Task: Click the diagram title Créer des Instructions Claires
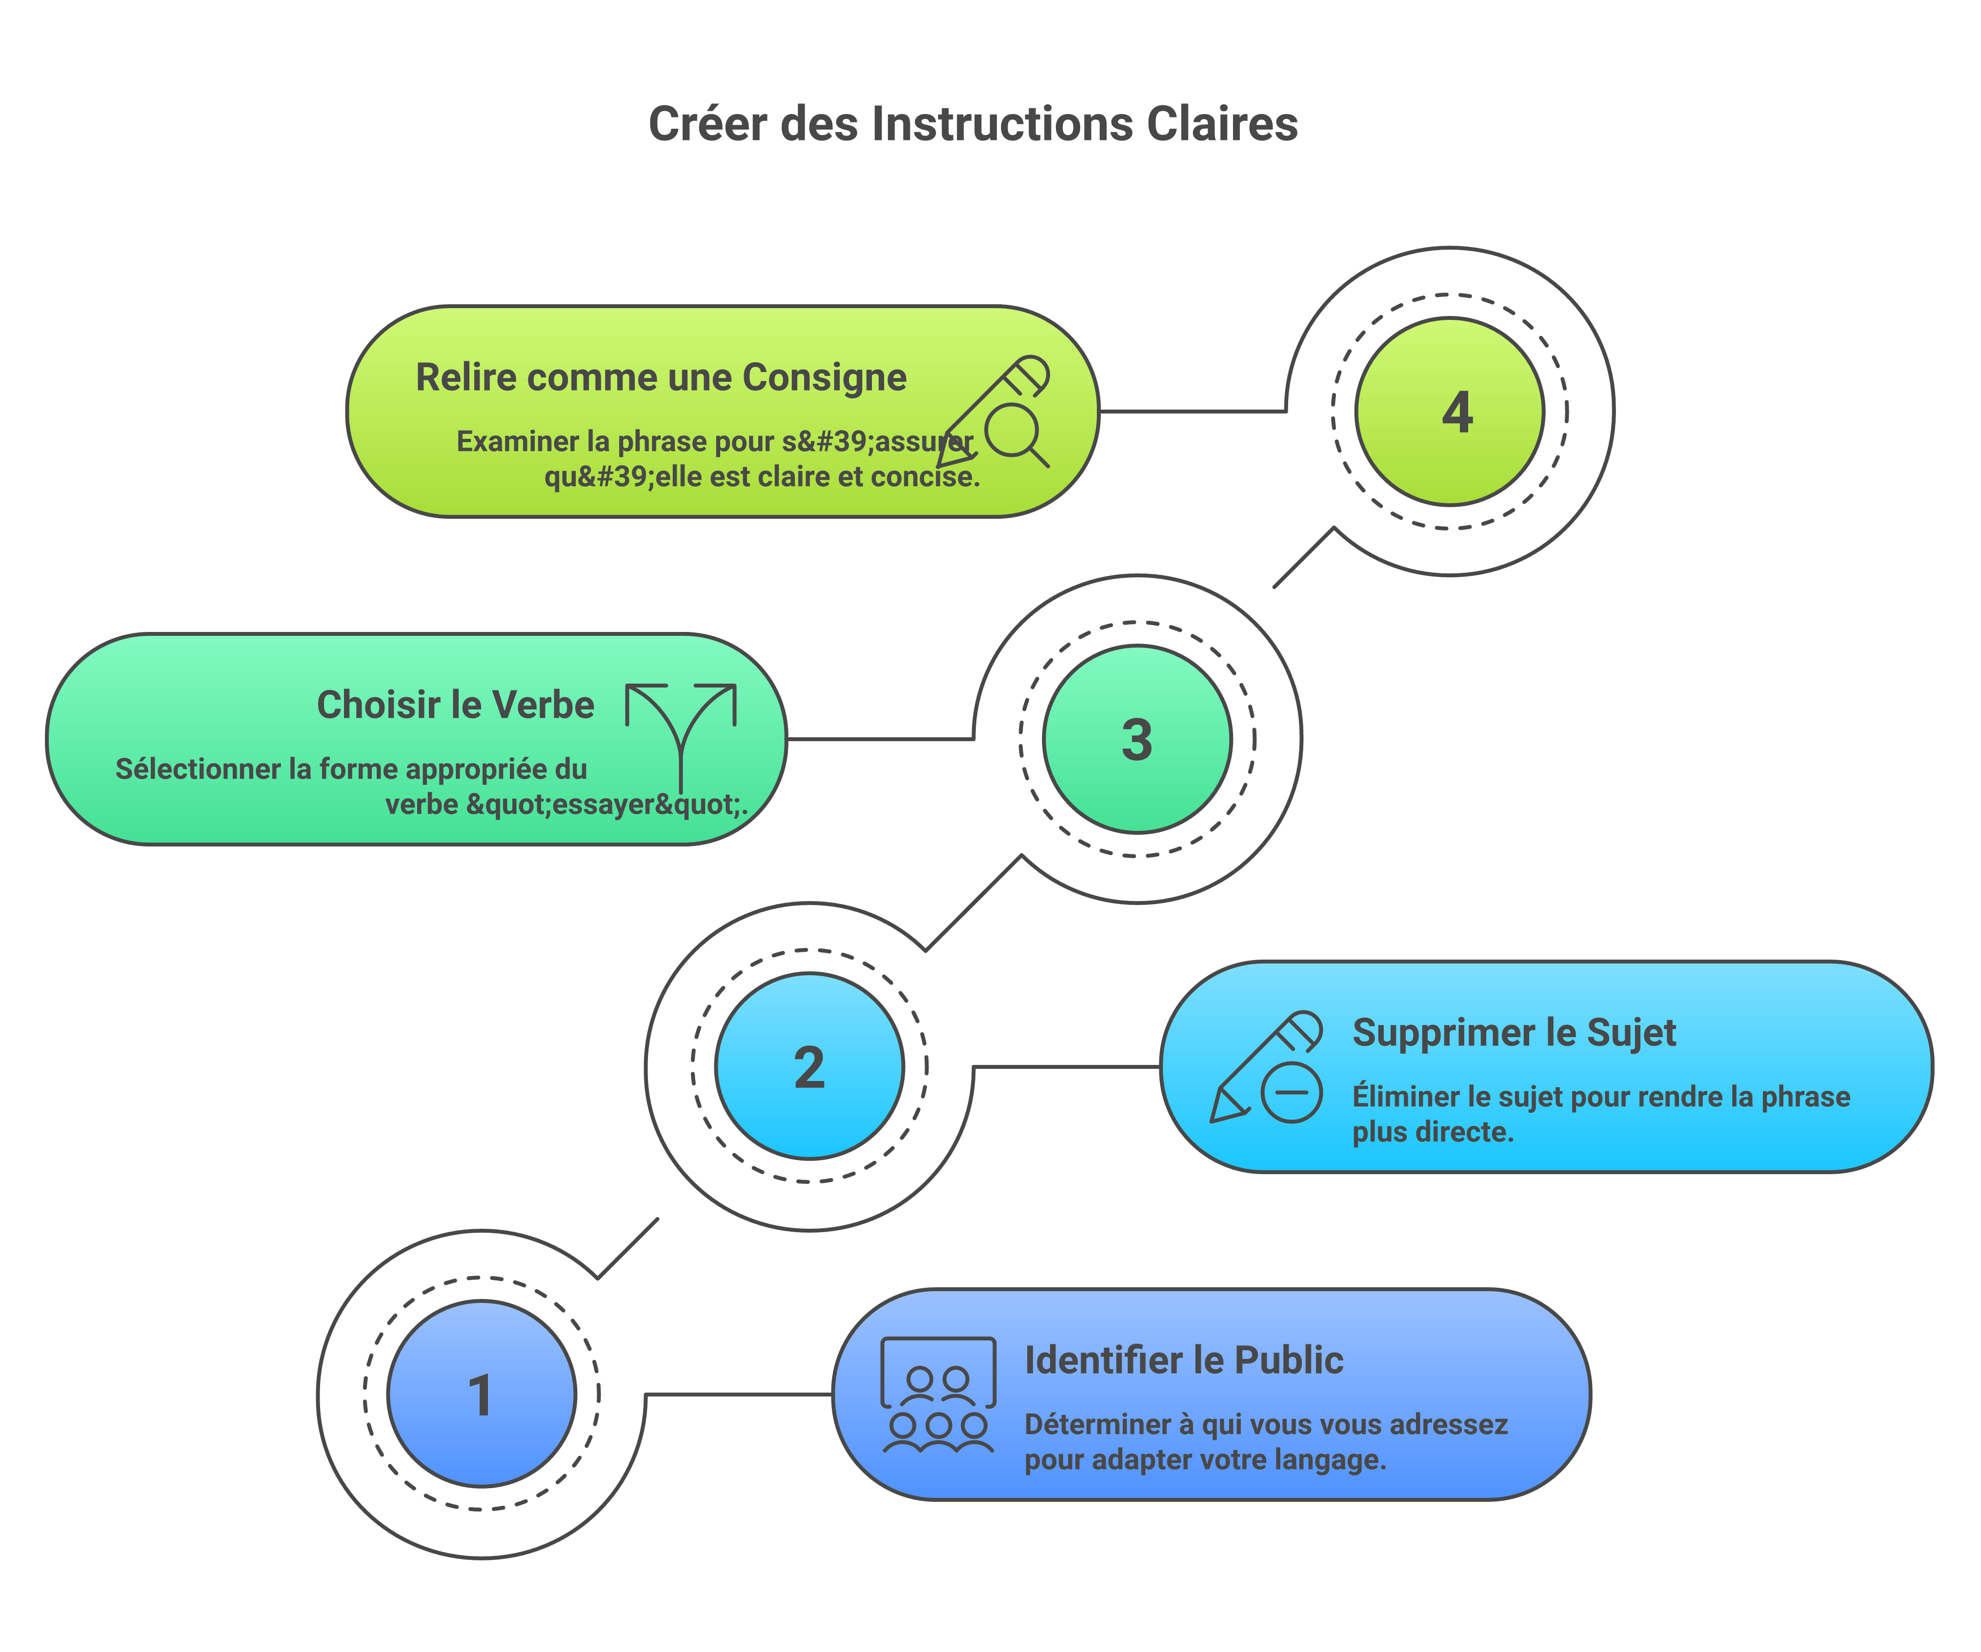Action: (972, 123)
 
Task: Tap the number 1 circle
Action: (482, 1394)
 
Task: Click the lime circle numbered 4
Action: (1450, 411)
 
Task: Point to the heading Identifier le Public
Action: (1184, 1360)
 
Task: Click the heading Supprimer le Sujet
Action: (1514, 1033)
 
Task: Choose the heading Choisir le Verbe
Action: (456, 705)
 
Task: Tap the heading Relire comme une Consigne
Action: (661, 377)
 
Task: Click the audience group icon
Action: (938, 1395)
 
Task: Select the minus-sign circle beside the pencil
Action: (1292, 1092)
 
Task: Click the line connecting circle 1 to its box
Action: (739, 1394)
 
